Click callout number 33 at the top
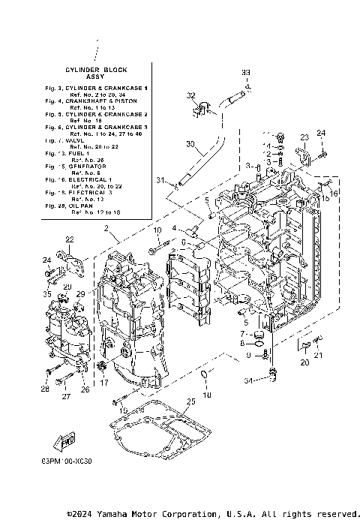point(245,72)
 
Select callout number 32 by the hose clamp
point(190,96)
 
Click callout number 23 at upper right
point(304,137)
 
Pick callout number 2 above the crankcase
point(107,227)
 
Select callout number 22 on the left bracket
point(69,239)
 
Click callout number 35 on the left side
point(48,295)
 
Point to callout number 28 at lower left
point(45,389)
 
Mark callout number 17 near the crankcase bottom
point(103,383)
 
